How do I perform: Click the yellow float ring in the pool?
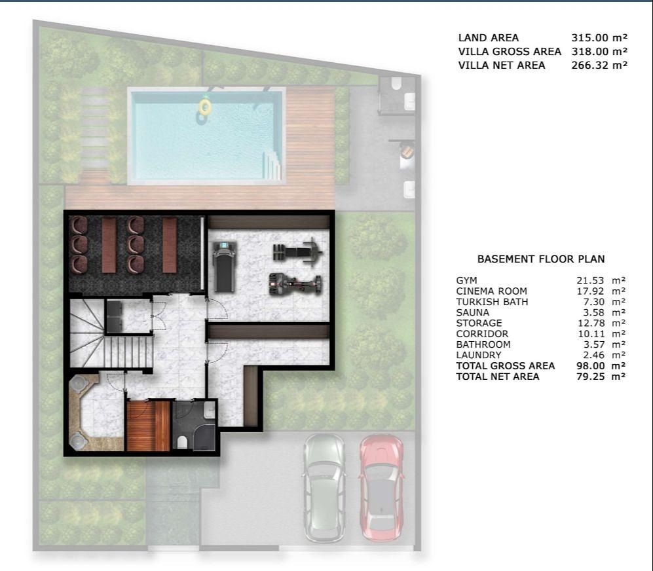click(x=205, y=107)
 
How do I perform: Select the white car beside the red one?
click(x=324, y=488)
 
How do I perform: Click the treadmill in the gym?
click(x=225, y=267)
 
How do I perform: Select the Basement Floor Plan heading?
click(x=541, y=259)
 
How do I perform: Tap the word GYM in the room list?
click(x=466, y=281)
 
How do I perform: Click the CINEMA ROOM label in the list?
click(x=491, y=291)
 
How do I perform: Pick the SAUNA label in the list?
click(x=473, y=313)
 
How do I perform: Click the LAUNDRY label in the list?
click(x=479, y=356)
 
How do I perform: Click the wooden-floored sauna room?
click(x=148, y=426)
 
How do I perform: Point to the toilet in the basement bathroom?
click(x=182, y=442)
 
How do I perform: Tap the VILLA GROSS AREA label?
click(x=510, y=52)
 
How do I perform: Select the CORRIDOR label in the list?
click(x=482, y=334)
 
